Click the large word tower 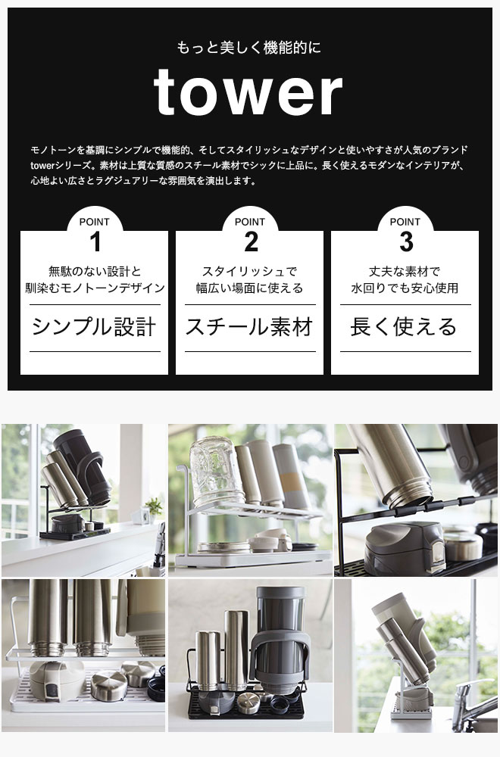[x=248, y=92]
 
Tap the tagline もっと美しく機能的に [x=248, y=48]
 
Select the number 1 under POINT [x=95, y=242]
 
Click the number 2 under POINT [x=251, y=242]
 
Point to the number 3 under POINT [x=406, y=242]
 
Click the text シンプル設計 [x=94, y=327]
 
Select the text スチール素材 [x=249, y=327]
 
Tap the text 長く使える [x=404, y=327]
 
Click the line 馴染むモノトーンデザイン [x=95, y=288]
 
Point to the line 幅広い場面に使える [x=249, y=288]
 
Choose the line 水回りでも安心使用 [x=405, y=288]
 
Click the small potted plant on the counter [x=154, y=509]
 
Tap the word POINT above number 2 [x=250, y=222]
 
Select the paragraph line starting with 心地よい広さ [x=143, y=181]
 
